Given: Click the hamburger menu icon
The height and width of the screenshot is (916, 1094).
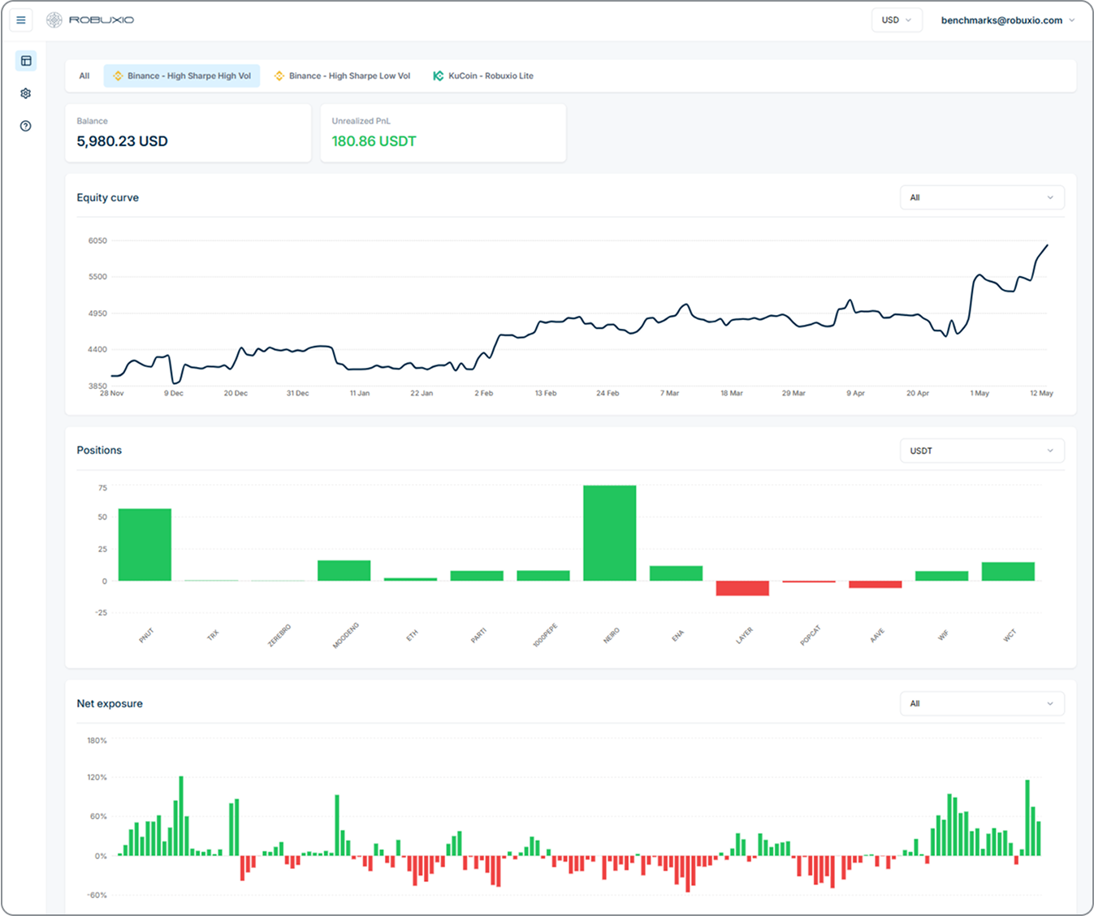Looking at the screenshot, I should tap(21, 20).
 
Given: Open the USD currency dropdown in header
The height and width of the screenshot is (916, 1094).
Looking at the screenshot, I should tap(896, 20).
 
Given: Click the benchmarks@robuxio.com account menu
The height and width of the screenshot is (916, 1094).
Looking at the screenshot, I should tap(1007, 20).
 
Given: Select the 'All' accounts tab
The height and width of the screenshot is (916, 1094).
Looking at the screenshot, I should tap(84, 76).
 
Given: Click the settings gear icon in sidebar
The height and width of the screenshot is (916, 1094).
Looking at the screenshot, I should tap(26, 93).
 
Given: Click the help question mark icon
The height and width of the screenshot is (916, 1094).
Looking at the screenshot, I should tap(26, 126).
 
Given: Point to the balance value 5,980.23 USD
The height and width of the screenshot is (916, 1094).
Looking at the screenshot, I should tap(122, 141).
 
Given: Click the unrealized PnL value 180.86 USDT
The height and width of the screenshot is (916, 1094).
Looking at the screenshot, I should tap(374, 141).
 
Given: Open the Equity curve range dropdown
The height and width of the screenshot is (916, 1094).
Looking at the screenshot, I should tap(981, 197).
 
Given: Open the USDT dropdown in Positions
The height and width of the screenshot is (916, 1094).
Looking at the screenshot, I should tap(981, 451).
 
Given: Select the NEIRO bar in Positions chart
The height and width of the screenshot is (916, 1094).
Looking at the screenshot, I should tap(609, 533).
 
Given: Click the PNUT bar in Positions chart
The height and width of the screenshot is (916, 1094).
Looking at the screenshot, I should tap(145, 544).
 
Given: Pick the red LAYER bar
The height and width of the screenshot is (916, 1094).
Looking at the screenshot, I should tap(742, 588).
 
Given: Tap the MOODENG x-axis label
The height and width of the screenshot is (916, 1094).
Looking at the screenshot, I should tap(346, 636).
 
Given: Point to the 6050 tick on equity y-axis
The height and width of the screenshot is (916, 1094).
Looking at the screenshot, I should tap(97, 241).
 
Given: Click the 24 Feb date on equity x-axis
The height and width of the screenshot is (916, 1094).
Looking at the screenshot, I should tap(608, 393).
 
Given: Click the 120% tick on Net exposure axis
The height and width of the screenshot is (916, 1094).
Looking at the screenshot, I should tap(97, 777).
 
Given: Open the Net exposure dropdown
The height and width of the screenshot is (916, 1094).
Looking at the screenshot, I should tap(981, 704).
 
